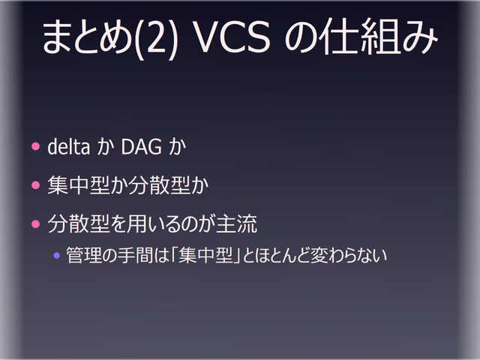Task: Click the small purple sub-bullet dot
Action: tap(56, 255)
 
